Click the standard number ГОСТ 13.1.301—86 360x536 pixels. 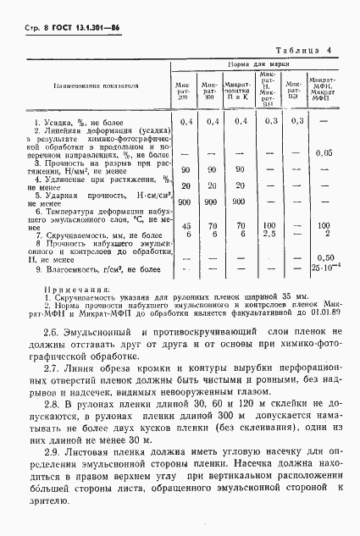point(80,28)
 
